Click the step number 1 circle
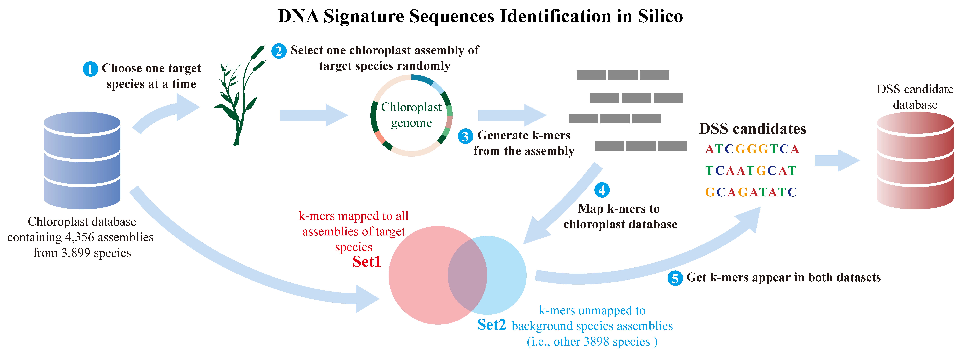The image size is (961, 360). coord(90,69)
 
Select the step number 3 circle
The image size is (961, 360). coord(465,136)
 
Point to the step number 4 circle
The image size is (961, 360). coord(602,190)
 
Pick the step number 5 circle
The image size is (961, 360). coord(675,278)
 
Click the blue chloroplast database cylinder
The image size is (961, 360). coord(82,160)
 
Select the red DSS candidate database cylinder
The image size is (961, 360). coord(915,160)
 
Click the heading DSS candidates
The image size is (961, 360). coord(752,129)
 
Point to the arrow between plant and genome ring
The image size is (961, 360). coord(313,115)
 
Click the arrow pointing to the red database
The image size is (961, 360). coord(837,160)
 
